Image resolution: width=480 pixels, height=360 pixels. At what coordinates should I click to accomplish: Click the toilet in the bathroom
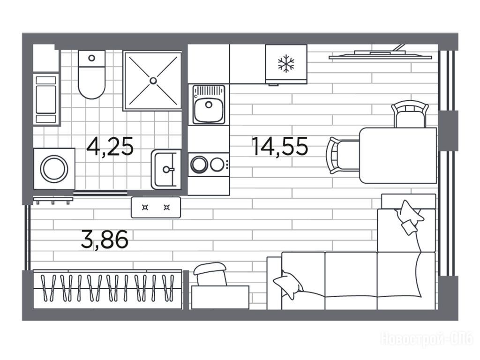tap(91, 75)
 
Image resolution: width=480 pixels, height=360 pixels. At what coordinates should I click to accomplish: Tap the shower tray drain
tap(153, 81)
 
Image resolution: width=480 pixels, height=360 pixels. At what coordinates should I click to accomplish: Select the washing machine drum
tap(54, 169)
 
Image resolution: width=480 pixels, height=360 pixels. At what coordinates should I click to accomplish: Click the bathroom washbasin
tap(166, 169)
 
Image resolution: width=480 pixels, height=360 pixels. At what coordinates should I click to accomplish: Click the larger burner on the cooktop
tap(199, 165)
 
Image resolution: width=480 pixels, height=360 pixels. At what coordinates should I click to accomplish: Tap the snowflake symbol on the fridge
tap(286, 64)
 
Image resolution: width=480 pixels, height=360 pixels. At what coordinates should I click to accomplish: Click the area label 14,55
tap(279, 146)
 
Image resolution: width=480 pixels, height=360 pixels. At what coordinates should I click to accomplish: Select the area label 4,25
tap(110, 146)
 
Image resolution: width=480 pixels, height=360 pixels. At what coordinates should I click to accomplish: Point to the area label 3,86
tap(105, 240)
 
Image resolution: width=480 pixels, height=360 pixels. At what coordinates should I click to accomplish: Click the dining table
tap(398, 156)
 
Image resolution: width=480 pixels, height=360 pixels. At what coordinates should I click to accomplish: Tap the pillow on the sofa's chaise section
tap(410, 217)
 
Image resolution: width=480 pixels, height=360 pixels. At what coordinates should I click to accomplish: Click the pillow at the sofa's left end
tap(288, 284)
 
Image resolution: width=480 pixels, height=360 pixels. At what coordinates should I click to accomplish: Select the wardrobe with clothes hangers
tap(107, 289)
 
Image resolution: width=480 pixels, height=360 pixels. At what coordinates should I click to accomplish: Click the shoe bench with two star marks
tap(156, 207)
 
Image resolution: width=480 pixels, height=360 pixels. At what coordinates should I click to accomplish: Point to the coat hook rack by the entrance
tap(53, 200)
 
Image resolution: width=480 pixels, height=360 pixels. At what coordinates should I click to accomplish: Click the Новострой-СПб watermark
tap(427, 339)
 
